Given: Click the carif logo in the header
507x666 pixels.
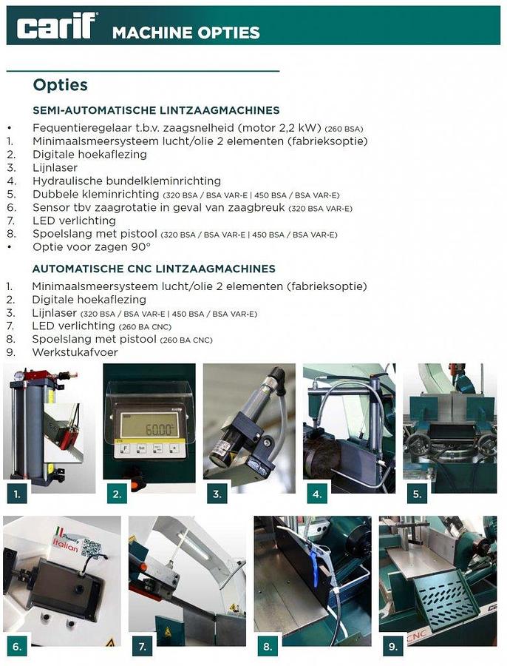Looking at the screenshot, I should [56, 27].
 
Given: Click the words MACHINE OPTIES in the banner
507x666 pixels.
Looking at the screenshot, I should [186, 33].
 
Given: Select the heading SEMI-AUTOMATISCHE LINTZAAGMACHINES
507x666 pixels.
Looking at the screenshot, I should [156, 110].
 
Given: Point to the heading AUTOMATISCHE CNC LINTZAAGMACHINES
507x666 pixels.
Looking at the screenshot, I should [154, 269].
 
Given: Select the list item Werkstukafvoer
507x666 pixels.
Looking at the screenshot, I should [75, 352].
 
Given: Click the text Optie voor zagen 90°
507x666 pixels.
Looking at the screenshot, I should [92, 246].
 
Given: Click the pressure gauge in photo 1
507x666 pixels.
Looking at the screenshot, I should [17, 377].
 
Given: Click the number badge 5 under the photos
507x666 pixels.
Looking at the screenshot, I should [417, 493].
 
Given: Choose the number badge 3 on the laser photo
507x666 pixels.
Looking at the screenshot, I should [217, 493].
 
